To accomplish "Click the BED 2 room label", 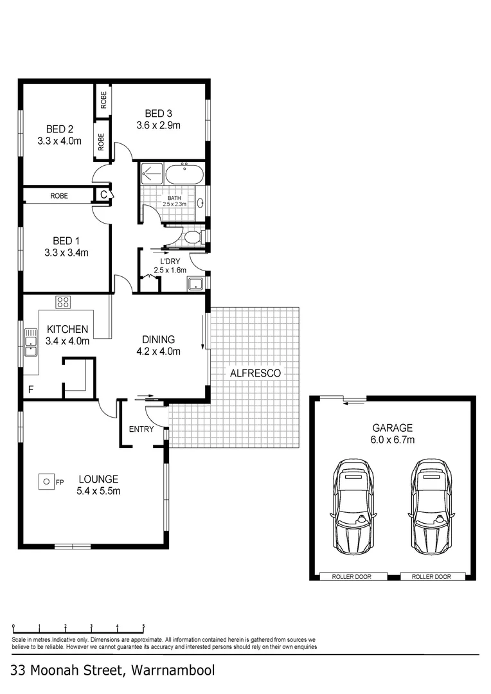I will (x=59, y=128).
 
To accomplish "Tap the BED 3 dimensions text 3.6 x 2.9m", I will (x=158, y=125).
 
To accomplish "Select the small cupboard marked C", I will (x=103, y=194).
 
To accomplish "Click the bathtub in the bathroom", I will (x=184, y=174).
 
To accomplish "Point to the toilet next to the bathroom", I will (x=192, y=238).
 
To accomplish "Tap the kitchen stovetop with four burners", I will (x=63, y=302).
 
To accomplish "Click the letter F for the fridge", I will (x=30, y=389).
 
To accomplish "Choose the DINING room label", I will (x=158, y=339).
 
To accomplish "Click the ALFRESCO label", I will (x=255, y=372).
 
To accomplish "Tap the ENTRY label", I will (x=141, y=429).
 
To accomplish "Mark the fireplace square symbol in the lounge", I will (x=46, y=481).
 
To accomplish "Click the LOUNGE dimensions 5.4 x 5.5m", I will (x=98, y=491).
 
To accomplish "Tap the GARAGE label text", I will (x=392, y=428).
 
